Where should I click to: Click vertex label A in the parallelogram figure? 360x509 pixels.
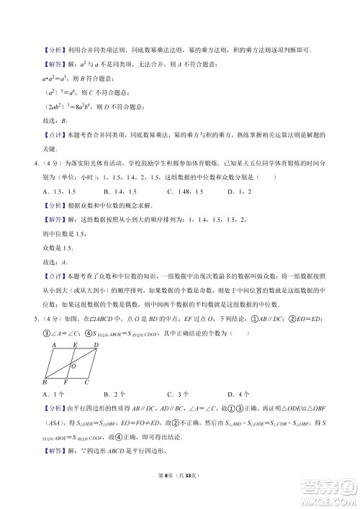coord(54,344)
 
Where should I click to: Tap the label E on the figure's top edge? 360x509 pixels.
coord(75,344)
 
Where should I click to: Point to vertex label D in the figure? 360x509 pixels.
coord(96,344)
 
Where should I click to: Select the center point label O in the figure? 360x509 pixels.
coord(73,366)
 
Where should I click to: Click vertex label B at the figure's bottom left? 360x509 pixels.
coord(45,382)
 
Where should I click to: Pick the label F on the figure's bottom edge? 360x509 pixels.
coord(66,382)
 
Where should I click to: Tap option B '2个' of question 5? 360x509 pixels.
coord(115,394)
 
